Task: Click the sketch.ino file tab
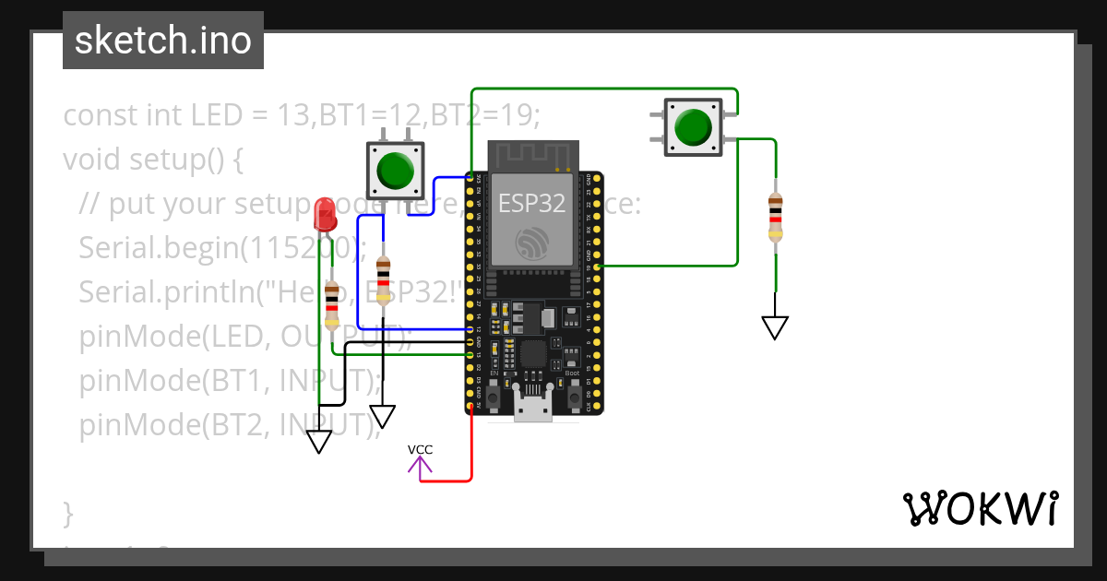click(162, 41)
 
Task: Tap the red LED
click(325, 216)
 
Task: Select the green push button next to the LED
click(396, 171)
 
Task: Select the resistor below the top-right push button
click(775, 219)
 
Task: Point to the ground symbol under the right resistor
click(775, 326)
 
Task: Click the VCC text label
click(421, 450)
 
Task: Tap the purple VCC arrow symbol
click(421, 468)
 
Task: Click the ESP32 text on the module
click(531, 203)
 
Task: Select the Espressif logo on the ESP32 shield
click(532, 242)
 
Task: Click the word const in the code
click(100, 116)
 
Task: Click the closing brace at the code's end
click(67, 510)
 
